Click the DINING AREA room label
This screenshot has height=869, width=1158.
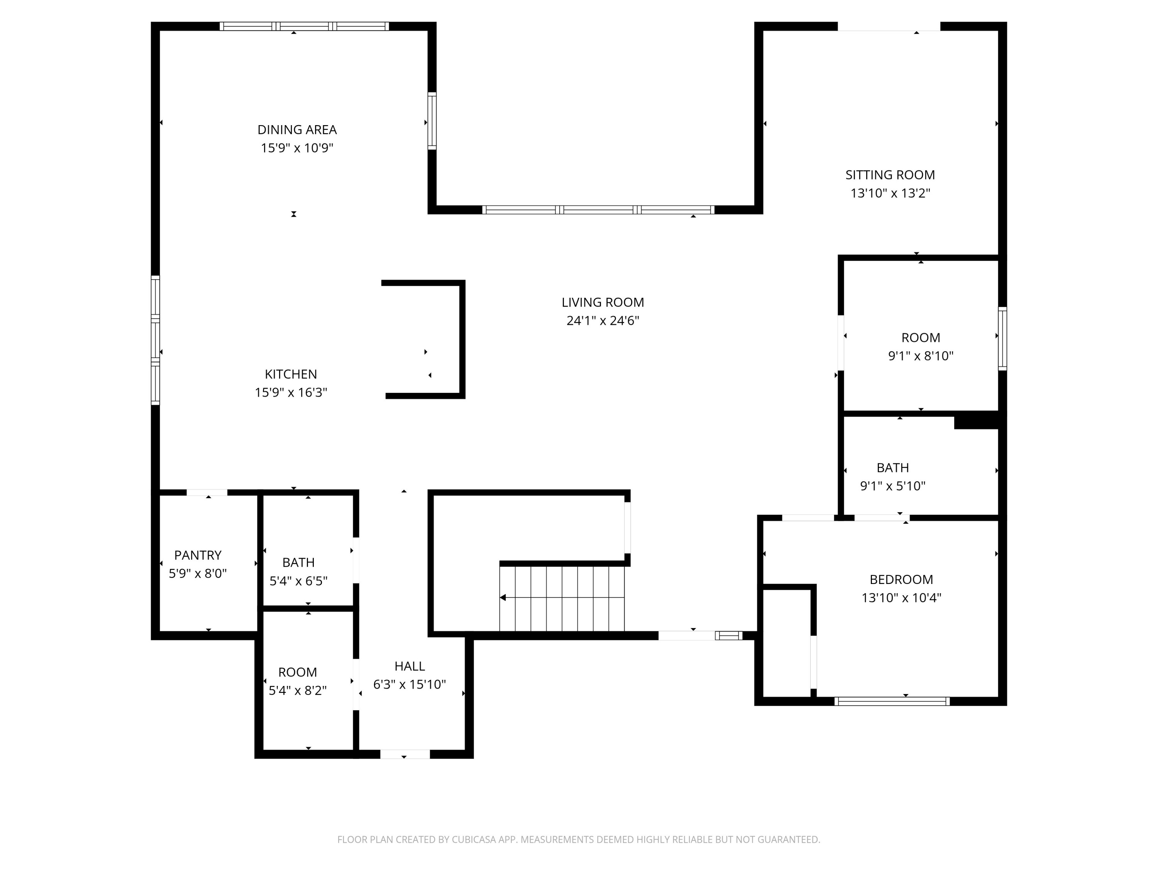297,129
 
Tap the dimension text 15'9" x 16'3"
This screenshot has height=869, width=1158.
291,392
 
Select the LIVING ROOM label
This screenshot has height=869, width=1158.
603,302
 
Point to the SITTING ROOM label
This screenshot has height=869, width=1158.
890,175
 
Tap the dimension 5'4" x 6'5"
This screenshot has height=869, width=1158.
298,581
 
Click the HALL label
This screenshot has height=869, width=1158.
410,666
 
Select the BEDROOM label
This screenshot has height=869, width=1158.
901,579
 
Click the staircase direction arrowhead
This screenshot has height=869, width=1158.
503,597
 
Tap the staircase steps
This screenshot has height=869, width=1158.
562,599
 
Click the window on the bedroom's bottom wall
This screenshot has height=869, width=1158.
892,701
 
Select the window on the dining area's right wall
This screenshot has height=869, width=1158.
432,121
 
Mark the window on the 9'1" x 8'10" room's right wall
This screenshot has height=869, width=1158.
1002,338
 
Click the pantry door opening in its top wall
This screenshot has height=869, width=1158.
207,492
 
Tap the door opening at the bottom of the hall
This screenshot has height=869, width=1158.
405,754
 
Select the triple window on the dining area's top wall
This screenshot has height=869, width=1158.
304,26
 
